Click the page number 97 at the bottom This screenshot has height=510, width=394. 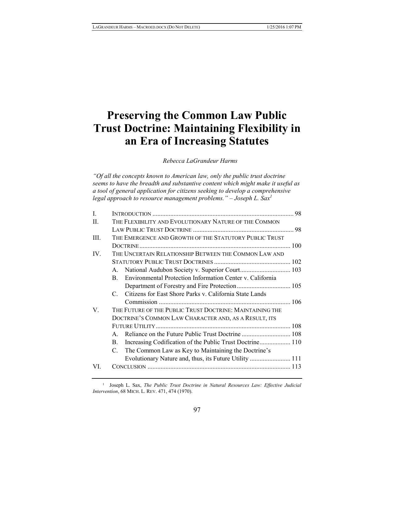click(197, 410)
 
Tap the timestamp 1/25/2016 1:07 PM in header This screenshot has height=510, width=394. click(283, 27)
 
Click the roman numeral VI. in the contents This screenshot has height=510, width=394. click(97, 366)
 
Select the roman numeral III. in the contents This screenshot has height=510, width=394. click(97, 238)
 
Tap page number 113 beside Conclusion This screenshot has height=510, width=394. click(296, 367)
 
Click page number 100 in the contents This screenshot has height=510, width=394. click(296, 246)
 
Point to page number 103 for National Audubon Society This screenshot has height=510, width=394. click(296, 270)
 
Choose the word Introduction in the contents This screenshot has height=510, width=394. click(131, 214)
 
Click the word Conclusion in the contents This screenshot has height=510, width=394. click(129, 367)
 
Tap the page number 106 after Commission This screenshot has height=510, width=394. click(296, 302)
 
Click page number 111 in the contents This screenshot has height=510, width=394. click(296, 359)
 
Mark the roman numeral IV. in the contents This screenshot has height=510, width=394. click(97, 254)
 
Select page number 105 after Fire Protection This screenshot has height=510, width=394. click(296, 286)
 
